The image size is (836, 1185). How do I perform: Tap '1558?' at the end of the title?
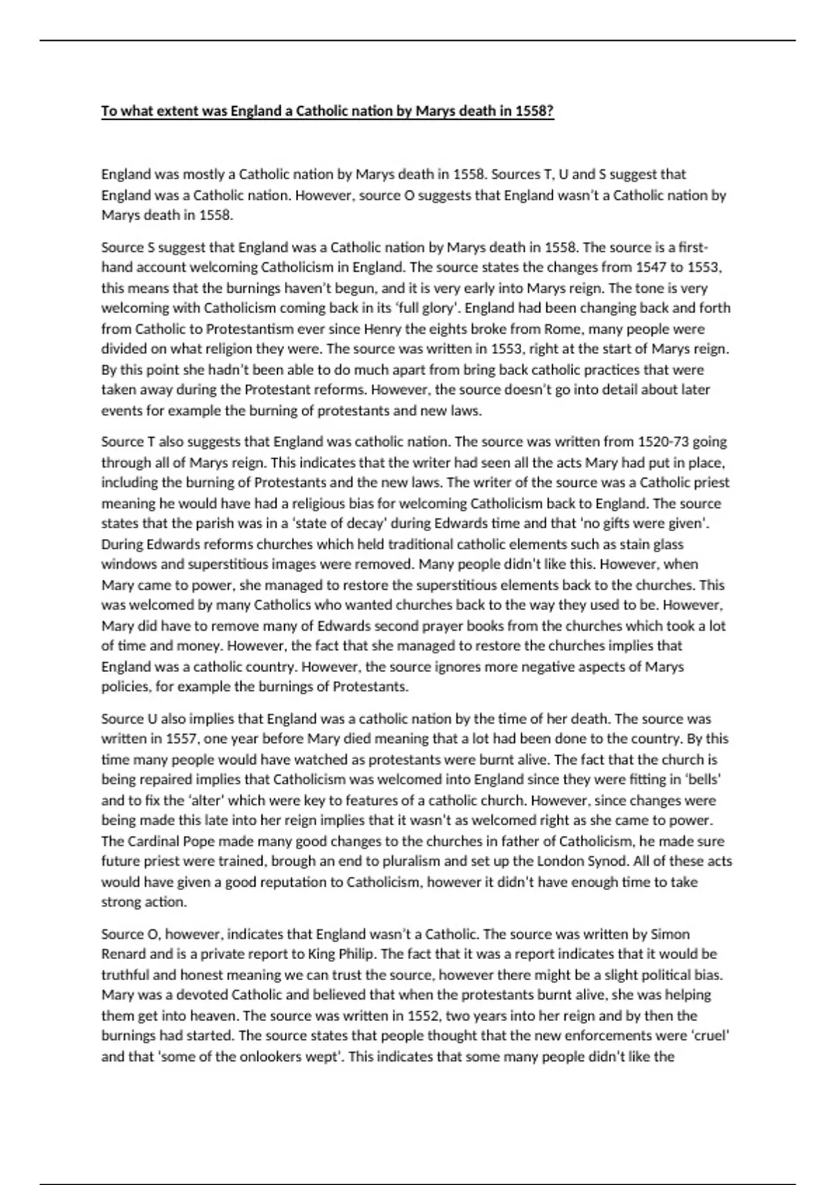535,111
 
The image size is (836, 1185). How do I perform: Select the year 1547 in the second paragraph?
651,267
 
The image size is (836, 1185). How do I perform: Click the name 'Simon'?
669,933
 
